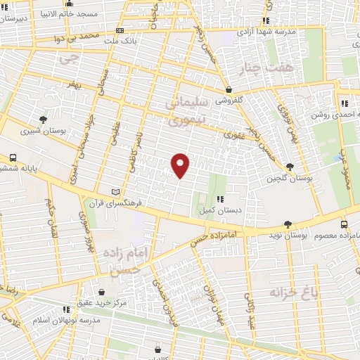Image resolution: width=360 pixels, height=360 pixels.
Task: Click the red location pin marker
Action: pyautogui.click(x=181, y=166)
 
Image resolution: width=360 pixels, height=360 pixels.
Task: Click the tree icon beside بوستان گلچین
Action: pyautogui.click(x=290, y=167)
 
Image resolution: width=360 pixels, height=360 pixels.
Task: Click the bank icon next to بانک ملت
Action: pyautogui.click(x=120, y=30)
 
